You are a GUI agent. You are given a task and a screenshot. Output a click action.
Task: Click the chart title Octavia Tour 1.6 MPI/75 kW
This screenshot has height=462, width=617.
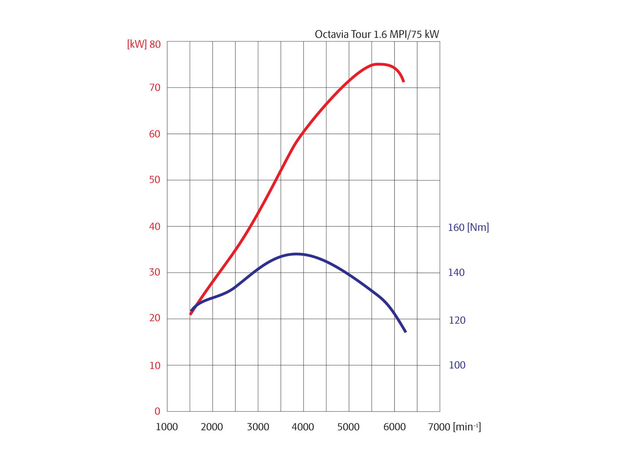tap(377, 34)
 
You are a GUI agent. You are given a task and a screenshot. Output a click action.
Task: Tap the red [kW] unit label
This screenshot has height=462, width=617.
tap(137, 44)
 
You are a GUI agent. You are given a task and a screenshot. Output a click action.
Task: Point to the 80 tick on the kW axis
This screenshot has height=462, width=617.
tap(155, 44)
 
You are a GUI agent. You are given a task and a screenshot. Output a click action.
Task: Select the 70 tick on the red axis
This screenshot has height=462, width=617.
tap(155, 87)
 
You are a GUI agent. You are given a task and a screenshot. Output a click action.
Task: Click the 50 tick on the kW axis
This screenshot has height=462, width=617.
tap(155, 180)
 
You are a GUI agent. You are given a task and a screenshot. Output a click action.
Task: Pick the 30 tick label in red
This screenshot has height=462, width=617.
tap(155, 272)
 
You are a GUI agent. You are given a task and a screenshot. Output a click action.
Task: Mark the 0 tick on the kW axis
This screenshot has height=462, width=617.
tap(157, 412)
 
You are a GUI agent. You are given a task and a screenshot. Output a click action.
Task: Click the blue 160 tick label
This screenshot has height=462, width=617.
tap(456, 227)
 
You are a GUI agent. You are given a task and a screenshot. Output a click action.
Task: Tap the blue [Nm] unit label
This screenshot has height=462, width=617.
tap(478, 227)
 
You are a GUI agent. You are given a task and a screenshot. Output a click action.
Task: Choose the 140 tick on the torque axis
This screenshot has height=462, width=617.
tap(456, 273)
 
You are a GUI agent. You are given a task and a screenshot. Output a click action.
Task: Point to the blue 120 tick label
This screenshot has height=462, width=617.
tap(457, 320)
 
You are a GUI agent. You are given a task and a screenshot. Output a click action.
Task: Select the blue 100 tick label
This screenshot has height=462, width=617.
tap(457, 365)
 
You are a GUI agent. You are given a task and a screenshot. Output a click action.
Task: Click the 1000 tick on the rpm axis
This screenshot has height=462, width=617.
tap(167, 427)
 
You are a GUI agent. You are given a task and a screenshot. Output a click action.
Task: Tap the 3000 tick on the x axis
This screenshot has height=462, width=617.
tap(258, 427)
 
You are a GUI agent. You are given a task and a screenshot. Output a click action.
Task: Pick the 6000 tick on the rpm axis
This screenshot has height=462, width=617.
tap(394, 427)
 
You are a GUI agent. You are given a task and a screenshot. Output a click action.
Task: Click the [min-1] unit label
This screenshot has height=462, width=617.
tap(467, 427)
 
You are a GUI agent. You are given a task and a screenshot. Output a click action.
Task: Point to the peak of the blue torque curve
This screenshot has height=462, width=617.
tap(296, 254)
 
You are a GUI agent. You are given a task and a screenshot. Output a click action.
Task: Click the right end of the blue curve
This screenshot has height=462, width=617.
tap(405, 332)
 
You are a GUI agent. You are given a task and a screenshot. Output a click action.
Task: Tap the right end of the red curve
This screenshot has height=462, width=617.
tap(404, 81)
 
